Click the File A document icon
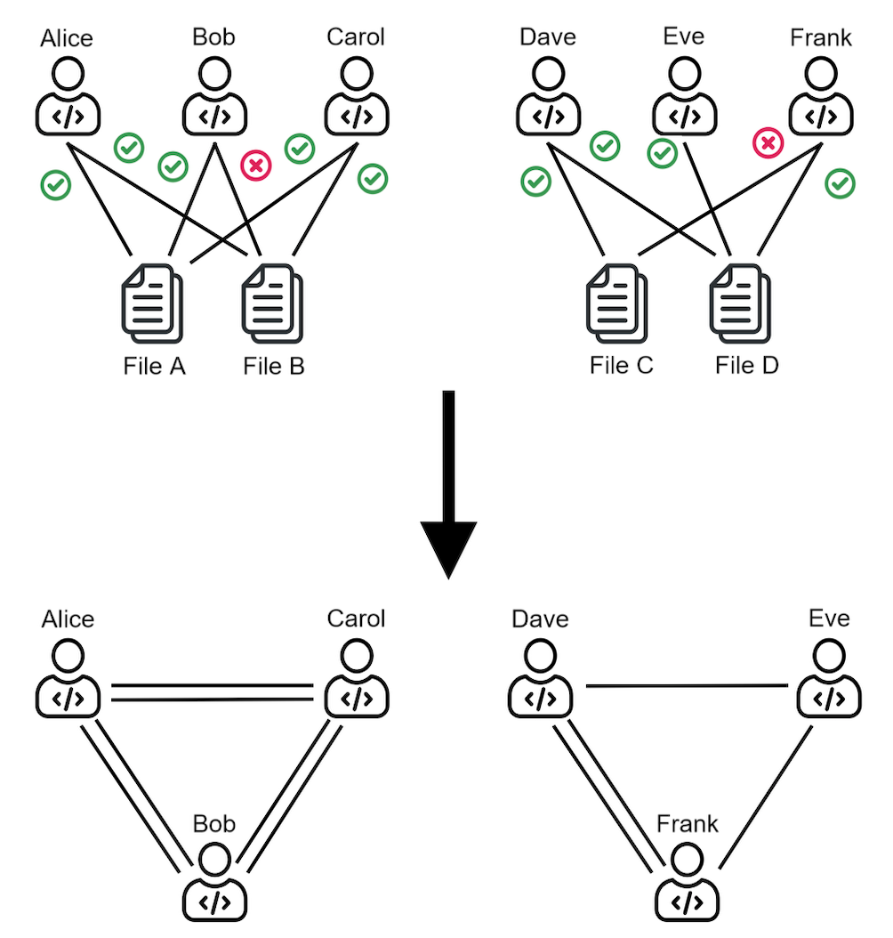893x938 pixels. [150, 304]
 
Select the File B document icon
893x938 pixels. [272, 304]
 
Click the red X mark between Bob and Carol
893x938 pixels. [256, 166]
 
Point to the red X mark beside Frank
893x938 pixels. [767, 142]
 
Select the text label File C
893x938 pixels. [621, 366]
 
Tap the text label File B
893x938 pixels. [274, 366]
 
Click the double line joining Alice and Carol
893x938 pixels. [213, 693]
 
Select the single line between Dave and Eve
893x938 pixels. [688, 686]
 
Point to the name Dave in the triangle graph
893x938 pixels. [540, 619]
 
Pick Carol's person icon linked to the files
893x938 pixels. [356, 93]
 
